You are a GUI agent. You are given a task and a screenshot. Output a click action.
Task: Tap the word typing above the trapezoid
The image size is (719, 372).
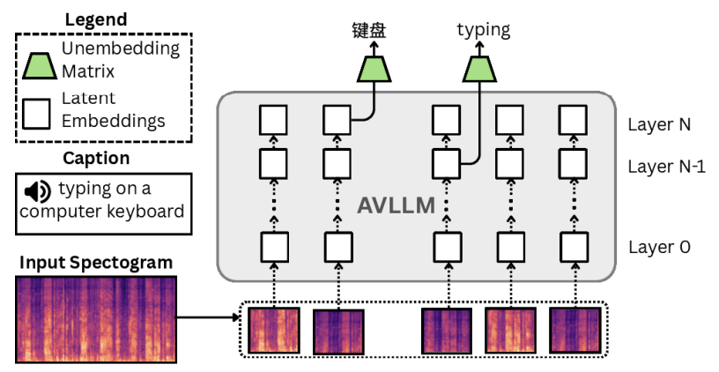pyautogui.click(x=483, y=30)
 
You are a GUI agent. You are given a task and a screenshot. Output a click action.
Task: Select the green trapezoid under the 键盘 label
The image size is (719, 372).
pyautogui.click(x=374, y=68)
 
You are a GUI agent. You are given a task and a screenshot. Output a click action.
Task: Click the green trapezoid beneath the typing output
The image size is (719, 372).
pyautogui.click(x=479, y=68)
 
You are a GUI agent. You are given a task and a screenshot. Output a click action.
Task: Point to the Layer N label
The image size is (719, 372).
pyautogui.click(x=658, y=124)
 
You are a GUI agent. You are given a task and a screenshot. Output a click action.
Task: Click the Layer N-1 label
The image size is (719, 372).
pyautogui.click(x=666, y=167)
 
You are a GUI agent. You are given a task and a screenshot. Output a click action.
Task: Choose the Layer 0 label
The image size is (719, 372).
pyautogui.click(x=658, y=247)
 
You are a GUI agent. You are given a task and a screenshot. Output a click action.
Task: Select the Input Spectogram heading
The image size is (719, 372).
pyautogui.click(x=96, y=263)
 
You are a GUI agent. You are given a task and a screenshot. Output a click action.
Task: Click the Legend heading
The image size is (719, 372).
pyautogui.click(x=96, y=19)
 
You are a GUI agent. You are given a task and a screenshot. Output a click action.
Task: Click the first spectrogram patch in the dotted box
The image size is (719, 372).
pyautogui.click(x=273, y=331)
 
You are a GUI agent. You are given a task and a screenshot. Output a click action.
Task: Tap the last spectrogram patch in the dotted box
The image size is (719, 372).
pyautogui.click(x=576, y=331)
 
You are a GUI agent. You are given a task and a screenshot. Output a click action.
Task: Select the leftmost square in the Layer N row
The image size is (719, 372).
pyautogui.click(x=274, y=118)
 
